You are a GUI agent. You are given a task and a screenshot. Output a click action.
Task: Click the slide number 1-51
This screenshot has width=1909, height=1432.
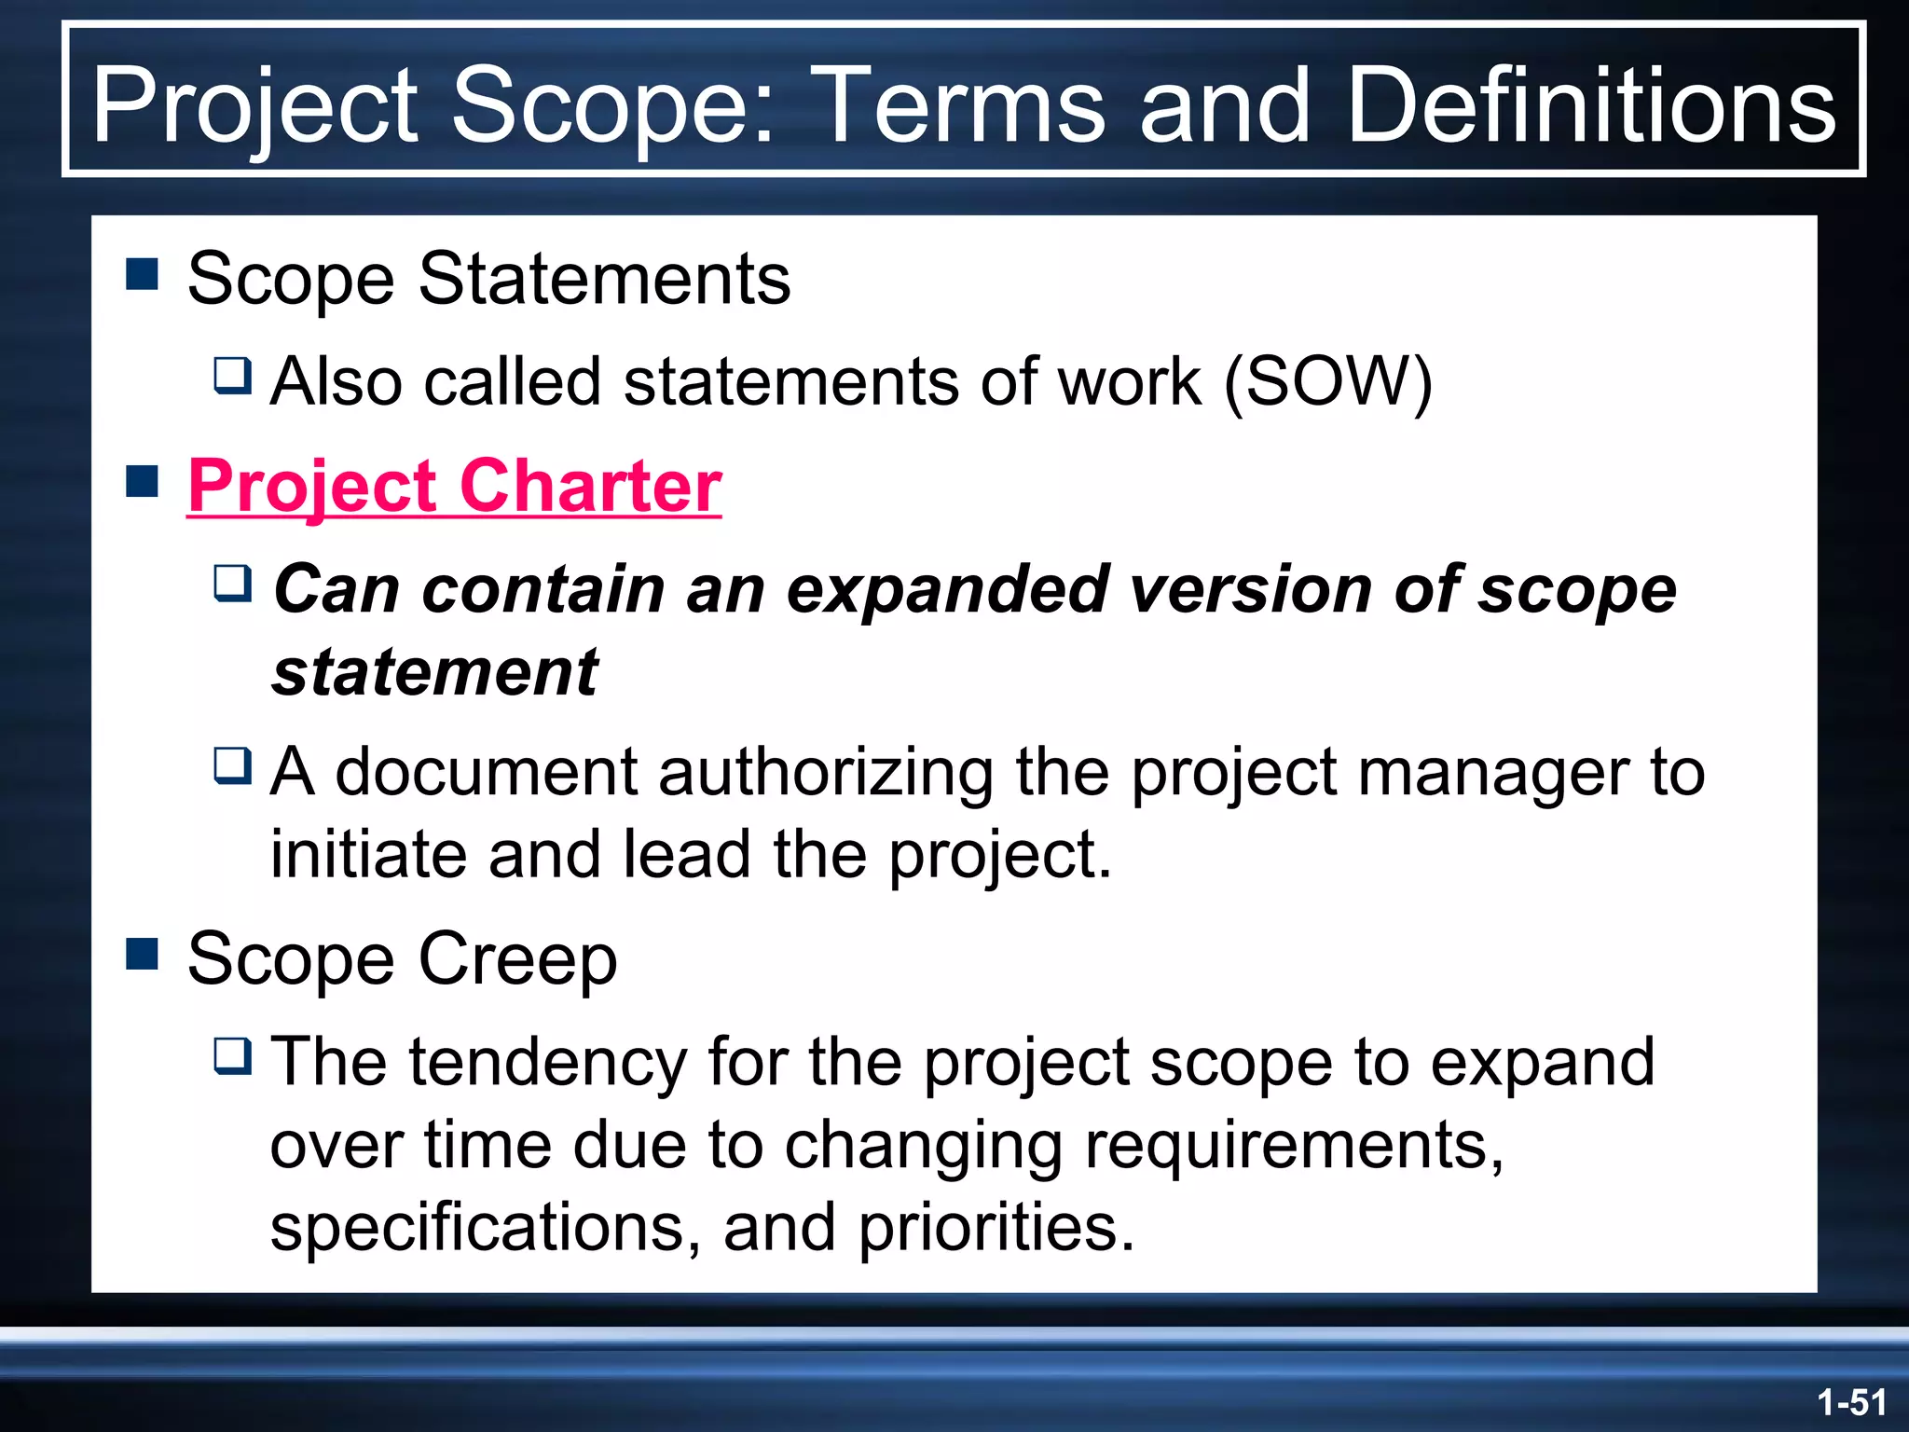pos(1851,1402)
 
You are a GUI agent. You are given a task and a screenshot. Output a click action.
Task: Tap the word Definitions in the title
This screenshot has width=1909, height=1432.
pos(1590,104)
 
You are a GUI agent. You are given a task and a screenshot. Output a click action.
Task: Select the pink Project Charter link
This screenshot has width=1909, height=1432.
pos(454,486)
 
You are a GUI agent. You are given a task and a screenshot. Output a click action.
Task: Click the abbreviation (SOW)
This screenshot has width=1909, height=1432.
pos(1327,381)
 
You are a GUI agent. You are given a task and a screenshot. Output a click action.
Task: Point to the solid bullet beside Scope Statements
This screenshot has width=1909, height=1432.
pos(142,275)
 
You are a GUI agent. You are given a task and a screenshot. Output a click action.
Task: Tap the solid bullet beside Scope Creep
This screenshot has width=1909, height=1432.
pos(142,954)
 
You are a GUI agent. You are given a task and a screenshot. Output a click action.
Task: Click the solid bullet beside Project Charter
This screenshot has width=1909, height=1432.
pos(142,482)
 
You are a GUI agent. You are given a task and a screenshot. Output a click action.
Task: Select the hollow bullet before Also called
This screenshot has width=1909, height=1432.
pos(232,375)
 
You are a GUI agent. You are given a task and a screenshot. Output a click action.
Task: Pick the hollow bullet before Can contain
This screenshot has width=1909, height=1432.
pos(232,583)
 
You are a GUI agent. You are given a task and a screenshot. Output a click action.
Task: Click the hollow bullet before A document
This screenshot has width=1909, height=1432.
pos(232,765)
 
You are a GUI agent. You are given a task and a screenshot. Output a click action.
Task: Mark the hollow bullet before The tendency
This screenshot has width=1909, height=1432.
pos(232,1055)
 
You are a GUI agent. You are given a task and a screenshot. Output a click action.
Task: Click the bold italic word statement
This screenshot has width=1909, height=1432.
pos(434,672)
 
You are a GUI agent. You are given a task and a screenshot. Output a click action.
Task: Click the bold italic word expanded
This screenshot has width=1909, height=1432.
pos(947,589)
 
